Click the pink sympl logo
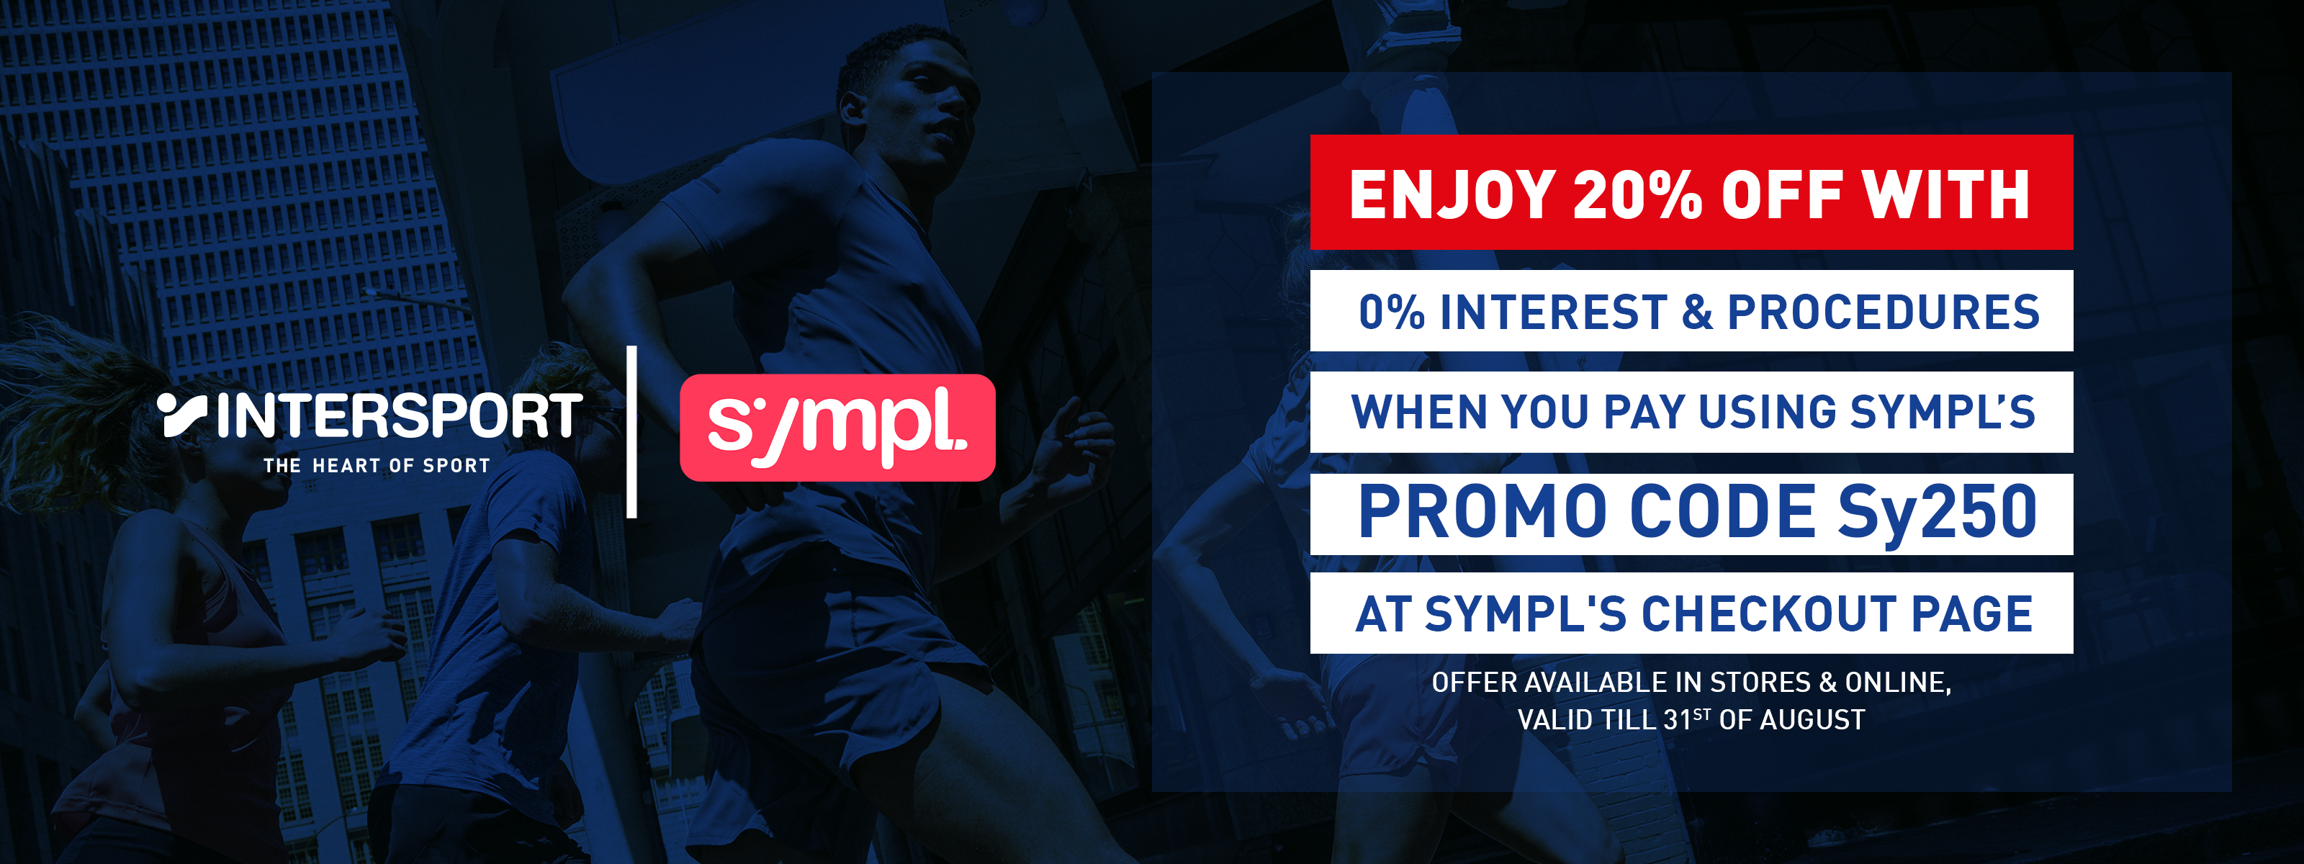pos(837,428)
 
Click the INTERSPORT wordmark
pos(400,416)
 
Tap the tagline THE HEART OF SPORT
pos(377,465)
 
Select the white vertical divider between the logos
pos(631,432)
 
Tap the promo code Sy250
pos(1938,513)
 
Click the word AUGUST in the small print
pos(1812,719)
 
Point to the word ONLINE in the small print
pos(1898,683)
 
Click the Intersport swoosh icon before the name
pos(182,415)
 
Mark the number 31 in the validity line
pos(1677,719)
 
